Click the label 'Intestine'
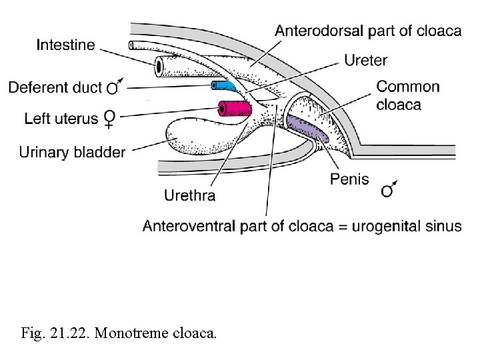[66, 45]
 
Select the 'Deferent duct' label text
[55, 87]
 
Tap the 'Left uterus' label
[61, 119]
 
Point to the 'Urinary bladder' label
[71, 153]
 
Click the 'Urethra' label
[189, 195]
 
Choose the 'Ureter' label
[365, 61]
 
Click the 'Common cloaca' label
[408, 95]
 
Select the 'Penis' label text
[349, 179]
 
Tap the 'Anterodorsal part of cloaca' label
[368, 31]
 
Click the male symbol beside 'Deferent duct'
[115, 86]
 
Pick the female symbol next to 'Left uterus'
[110, 119]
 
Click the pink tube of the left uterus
[234, 108]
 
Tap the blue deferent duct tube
[223, 85]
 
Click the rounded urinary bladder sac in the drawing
[193, 137]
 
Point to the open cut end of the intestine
[160, 66]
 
